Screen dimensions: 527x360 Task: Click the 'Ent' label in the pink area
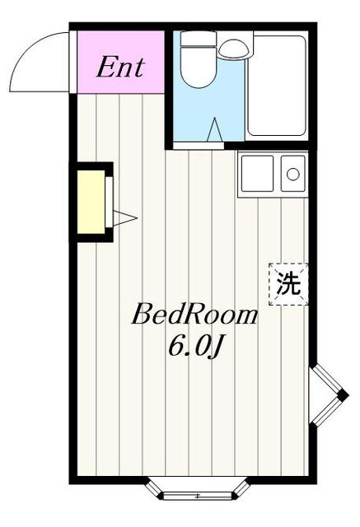tap(119, 67)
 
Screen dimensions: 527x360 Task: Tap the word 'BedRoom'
tap(196, 315)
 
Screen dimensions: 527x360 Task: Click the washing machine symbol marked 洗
tap(288, 284)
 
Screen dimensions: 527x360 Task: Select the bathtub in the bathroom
tap(278, 86)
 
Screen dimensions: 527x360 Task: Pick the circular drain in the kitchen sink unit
tap(292, 174)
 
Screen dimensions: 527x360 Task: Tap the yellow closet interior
tap(91, 203)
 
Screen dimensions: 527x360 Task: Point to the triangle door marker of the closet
tap(124, 217)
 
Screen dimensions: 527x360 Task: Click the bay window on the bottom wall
tap(198, 492)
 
